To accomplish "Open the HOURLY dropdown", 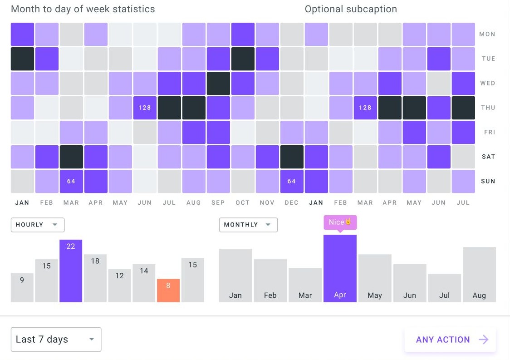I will pos(37,225).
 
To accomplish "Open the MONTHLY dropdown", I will pos(248,225).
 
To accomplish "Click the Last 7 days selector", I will pos(56,340).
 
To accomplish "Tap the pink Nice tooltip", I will pos(340,222).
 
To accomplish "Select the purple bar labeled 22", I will pos(71,271).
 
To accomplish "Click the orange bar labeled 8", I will pos(168,291).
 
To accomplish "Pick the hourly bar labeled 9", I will pos(22,288).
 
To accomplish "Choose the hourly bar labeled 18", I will pos(95,278).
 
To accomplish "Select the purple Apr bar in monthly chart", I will pos(340,268).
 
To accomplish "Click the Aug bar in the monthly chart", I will pos(479,274).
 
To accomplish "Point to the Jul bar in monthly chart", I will pos(444,288).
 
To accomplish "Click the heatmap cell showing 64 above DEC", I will pos(292,181).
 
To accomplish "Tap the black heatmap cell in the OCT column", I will pos(243,59).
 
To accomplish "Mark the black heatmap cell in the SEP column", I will pos(218,83).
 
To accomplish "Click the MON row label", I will pos(487,34).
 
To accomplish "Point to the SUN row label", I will pos(487,181).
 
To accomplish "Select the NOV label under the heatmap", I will pos(267,202).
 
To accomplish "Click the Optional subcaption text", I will pos(351,9).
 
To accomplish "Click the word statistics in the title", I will pos(132,9).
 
